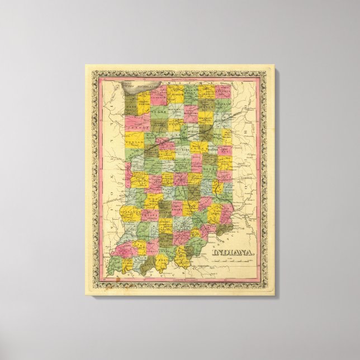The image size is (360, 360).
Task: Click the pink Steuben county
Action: pyautogui.click(x=224, y=91)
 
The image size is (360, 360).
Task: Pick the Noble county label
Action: pyautogui.click(x=207, y=105)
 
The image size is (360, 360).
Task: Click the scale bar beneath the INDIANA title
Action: pyautogui.click(x=231, y=266)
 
